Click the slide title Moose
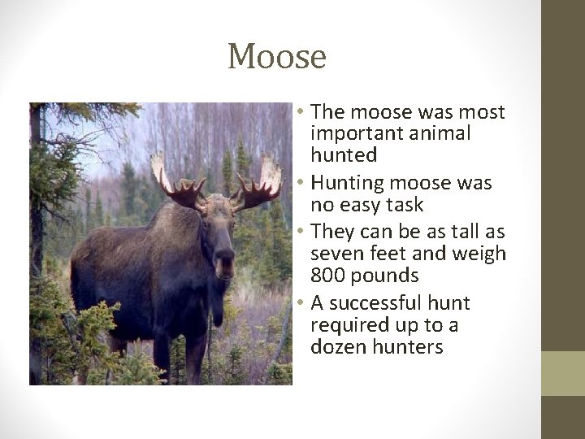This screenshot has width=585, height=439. click(x=277, y=57)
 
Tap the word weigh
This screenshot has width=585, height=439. click(x=479, y=255)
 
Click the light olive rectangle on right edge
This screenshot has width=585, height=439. click(x=563, y=373)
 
